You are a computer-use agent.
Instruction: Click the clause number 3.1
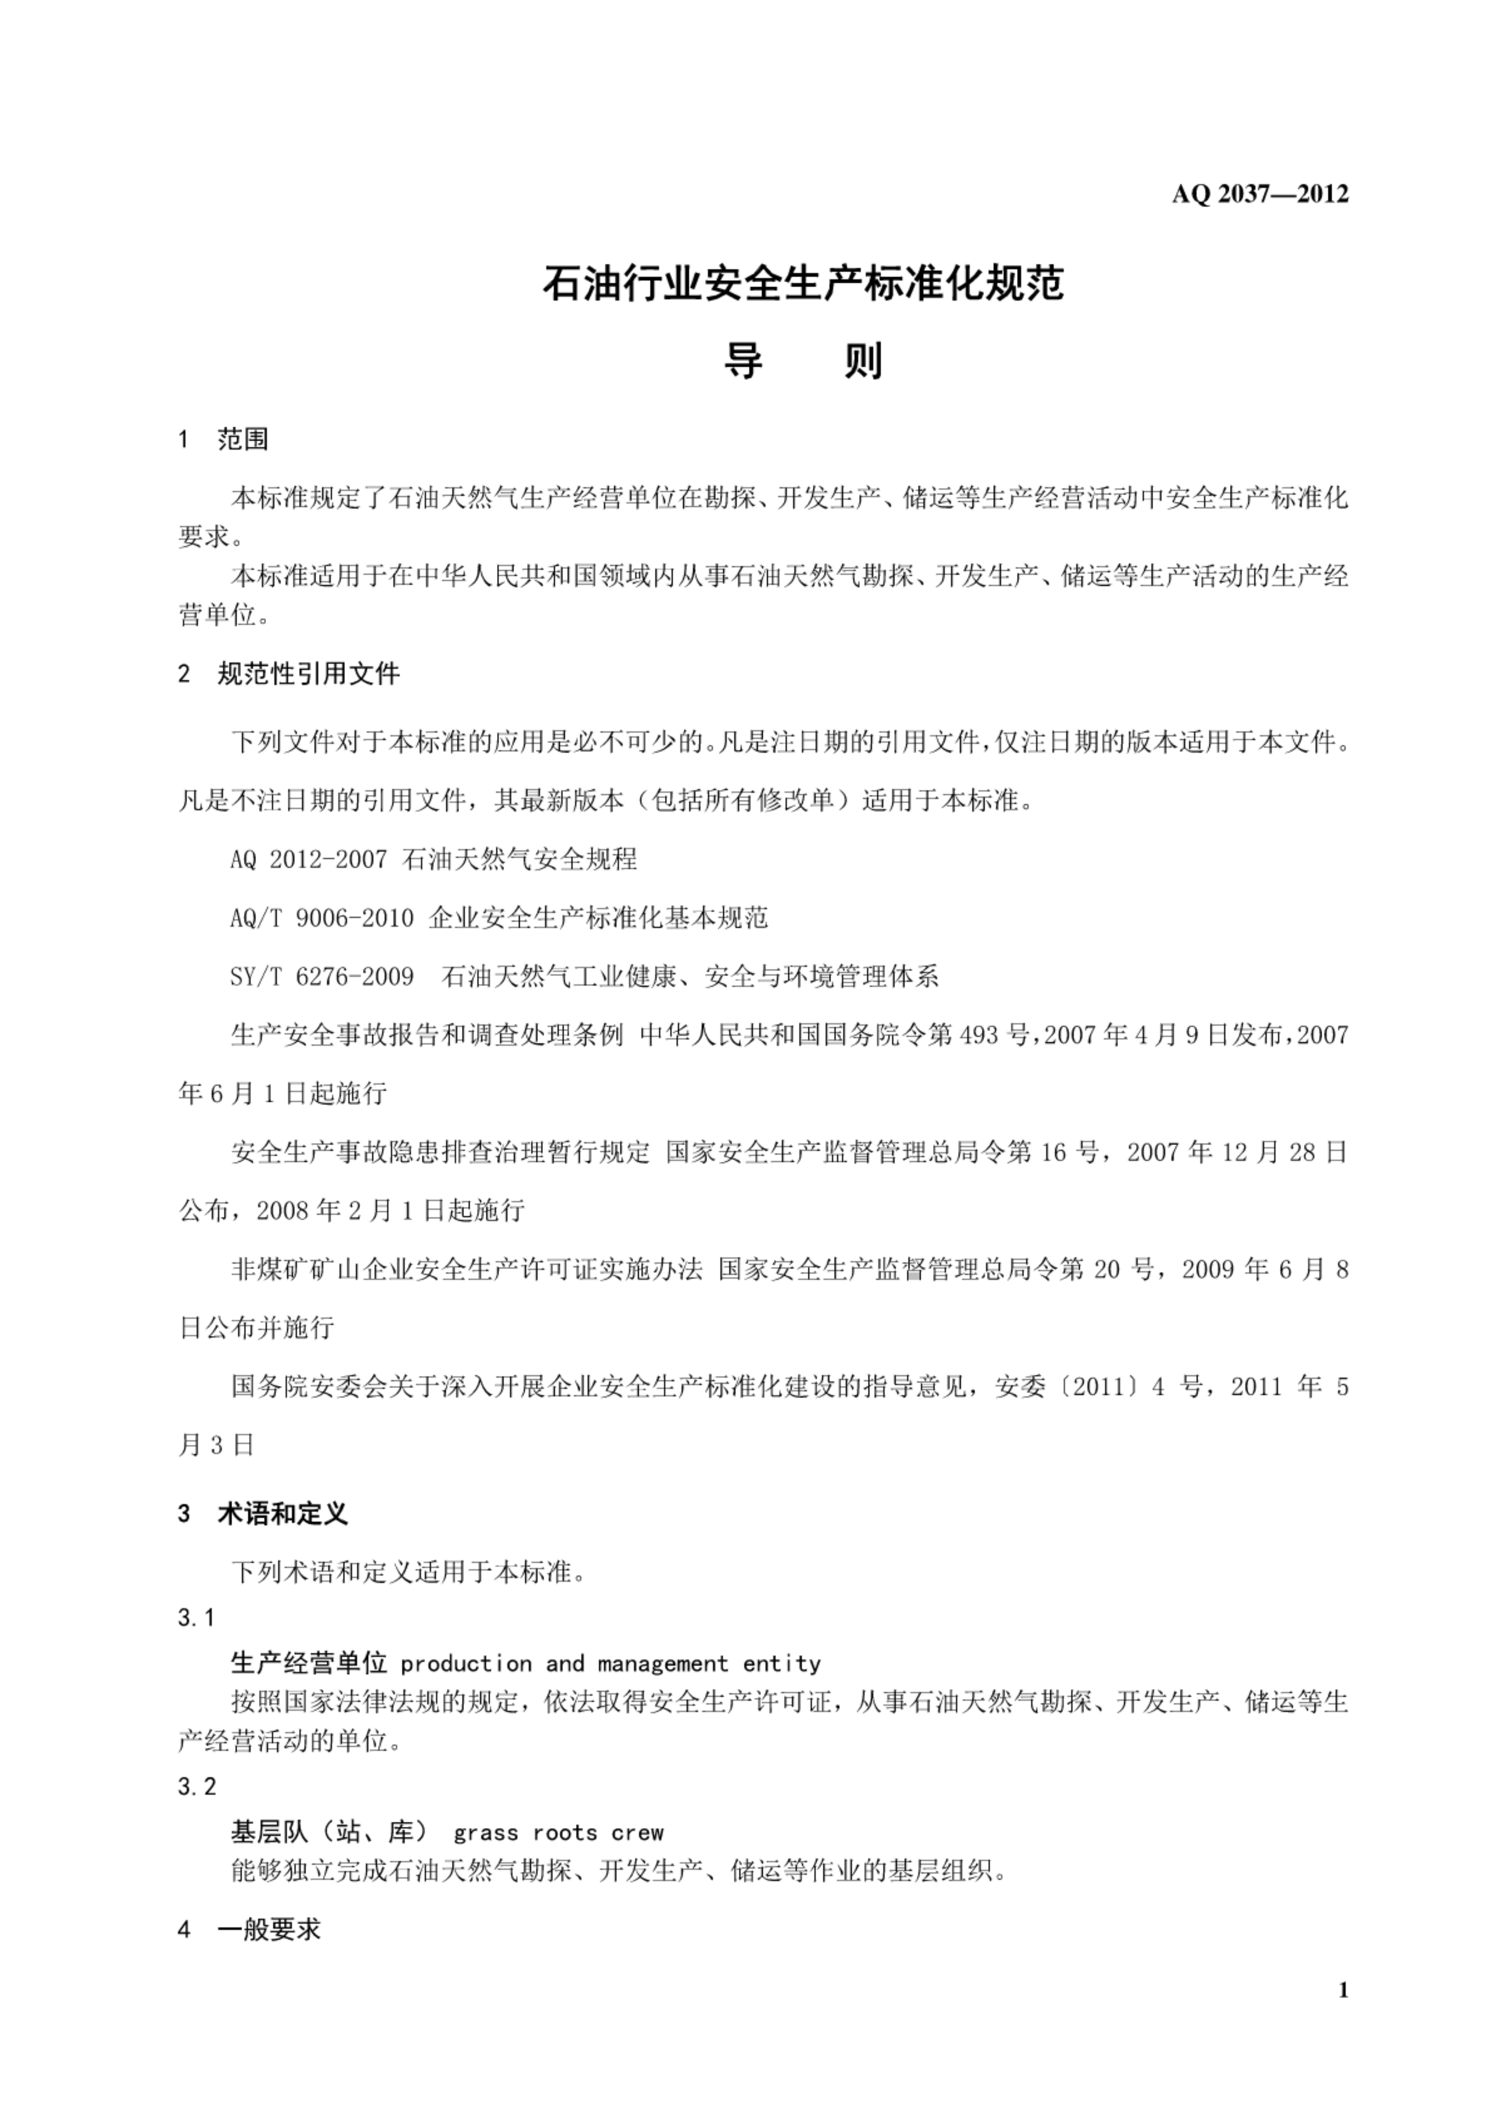196,1618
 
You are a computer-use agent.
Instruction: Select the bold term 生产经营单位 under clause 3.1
308,1664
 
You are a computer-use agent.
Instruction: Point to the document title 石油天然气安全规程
520,859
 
